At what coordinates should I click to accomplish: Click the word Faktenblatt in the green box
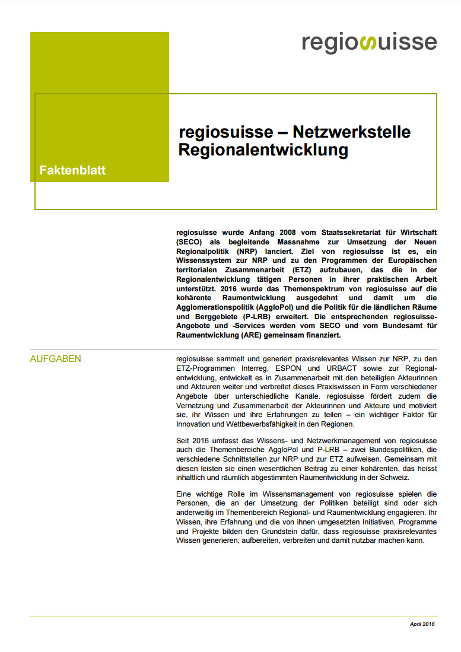(72, 170)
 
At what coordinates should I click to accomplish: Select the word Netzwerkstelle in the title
(352, 131)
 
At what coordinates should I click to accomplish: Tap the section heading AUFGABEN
(56, 359)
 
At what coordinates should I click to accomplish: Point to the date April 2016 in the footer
(422, 625)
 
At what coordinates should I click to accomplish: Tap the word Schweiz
(394, 478)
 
